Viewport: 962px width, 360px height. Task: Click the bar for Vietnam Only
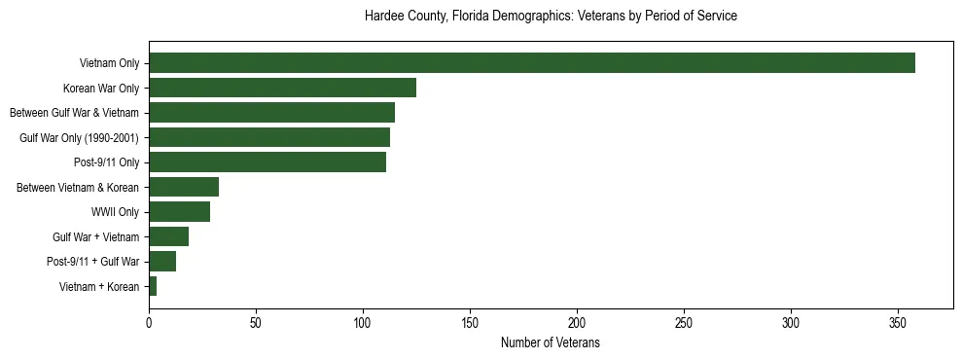click(531, 63)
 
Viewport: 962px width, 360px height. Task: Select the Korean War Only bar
click(282, 88)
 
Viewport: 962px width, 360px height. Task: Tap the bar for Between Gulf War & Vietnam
click(271, 113)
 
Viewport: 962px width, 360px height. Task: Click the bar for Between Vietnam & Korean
click(184, 187)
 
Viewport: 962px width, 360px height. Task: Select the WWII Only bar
click(180, 211)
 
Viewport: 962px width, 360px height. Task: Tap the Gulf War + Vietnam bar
click(169, 236)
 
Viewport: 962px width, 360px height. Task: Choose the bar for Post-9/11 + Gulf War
click(162, 261)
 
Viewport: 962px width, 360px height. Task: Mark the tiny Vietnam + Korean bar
click(153, 286)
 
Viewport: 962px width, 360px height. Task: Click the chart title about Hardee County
click(551, 17)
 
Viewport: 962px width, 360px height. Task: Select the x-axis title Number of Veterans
click(551, 343)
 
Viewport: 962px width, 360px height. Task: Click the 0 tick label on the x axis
click(149, 322)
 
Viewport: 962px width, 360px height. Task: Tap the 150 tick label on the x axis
click(470, 322)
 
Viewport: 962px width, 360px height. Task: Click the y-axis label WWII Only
click(115, 212)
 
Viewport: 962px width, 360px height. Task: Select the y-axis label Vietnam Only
click(109, 64)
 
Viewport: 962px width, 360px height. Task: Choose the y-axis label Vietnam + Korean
click(99, 287)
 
